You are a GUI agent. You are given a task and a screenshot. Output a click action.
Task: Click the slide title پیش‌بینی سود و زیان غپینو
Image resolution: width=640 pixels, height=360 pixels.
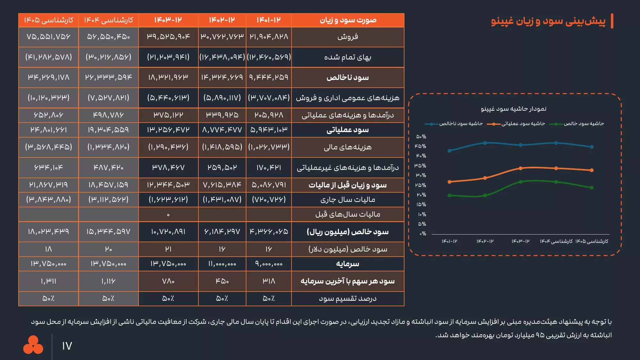[x=548, y=21]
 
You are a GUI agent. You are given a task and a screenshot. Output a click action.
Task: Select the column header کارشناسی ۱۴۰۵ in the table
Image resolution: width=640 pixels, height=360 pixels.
[x=48, y=20]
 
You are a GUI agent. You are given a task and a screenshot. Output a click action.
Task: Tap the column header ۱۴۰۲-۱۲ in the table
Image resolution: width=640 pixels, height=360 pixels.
[x=222, y=20]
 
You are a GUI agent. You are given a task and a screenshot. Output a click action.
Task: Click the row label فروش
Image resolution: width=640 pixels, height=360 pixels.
[x=348, y=37]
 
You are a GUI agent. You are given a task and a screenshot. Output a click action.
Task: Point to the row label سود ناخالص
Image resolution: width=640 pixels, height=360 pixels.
[x=348, y=77]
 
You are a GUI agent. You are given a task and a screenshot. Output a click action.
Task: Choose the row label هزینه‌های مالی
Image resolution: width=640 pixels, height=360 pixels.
[x=348, y=147]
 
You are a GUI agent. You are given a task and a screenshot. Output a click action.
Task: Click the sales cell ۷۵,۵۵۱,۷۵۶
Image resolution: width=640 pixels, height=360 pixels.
[x=48, y=37]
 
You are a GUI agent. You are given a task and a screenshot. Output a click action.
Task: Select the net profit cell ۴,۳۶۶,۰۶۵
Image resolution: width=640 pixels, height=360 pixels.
[x=269, y=231]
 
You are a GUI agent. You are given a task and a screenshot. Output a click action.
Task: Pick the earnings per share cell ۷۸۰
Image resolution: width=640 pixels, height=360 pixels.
[x=168, y=281]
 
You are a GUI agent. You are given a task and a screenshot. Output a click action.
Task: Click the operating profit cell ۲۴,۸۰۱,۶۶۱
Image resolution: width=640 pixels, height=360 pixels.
[x=48, y=130]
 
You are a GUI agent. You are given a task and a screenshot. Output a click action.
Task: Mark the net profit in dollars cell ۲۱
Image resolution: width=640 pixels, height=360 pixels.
[x=168, y=249]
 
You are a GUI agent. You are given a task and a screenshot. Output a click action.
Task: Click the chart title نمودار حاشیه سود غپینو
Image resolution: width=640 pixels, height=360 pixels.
[x=514, y=109]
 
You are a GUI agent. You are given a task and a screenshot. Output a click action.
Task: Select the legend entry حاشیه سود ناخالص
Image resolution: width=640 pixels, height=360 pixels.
[x=461, y=124]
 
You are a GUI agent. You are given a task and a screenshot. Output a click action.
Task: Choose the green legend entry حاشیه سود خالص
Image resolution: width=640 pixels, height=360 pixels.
[x=584, y=124]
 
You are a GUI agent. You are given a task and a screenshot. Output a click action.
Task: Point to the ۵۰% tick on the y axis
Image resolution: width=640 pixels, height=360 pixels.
[x=421, y=137]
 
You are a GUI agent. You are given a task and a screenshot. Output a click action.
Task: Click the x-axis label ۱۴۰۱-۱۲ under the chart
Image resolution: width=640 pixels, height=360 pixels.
[x=450, y=241]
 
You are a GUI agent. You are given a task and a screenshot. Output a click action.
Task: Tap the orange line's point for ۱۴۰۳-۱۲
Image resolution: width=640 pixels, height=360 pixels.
[x=521, y=168]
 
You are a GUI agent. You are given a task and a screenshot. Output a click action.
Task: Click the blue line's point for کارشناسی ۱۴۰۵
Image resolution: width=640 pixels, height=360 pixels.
[x=592, y=147]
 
